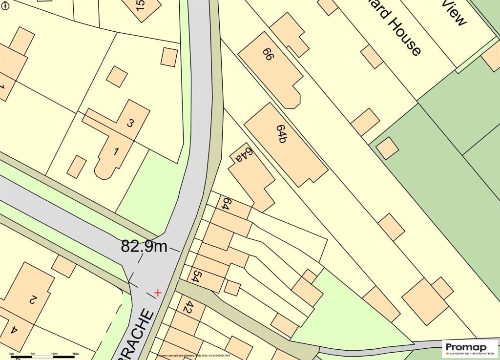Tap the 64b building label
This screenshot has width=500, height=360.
(x=281, y=133)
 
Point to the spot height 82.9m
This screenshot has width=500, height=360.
(x=144, y=246)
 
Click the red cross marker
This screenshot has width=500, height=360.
(x=158, y=293)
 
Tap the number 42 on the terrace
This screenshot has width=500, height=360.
(x=188, y=307)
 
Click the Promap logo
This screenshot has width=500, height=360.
(x=470, y=348)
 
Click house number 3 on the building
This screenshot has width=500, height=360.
(x=130, y=123)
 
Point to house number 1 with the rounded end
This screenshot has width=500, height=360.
(x=116, y=151)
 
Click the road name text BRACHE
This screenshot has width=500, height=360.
(x=137, y=337)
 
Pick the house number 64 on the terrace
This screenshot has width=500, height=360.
(x=226, y=203)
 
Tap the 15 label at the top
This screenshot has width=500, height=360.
(x=141, y=5)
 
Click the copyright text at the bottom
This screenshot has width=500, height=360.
(x=193, y=356)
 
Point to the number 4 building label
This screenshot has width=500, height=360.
(x=14, y=331)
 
